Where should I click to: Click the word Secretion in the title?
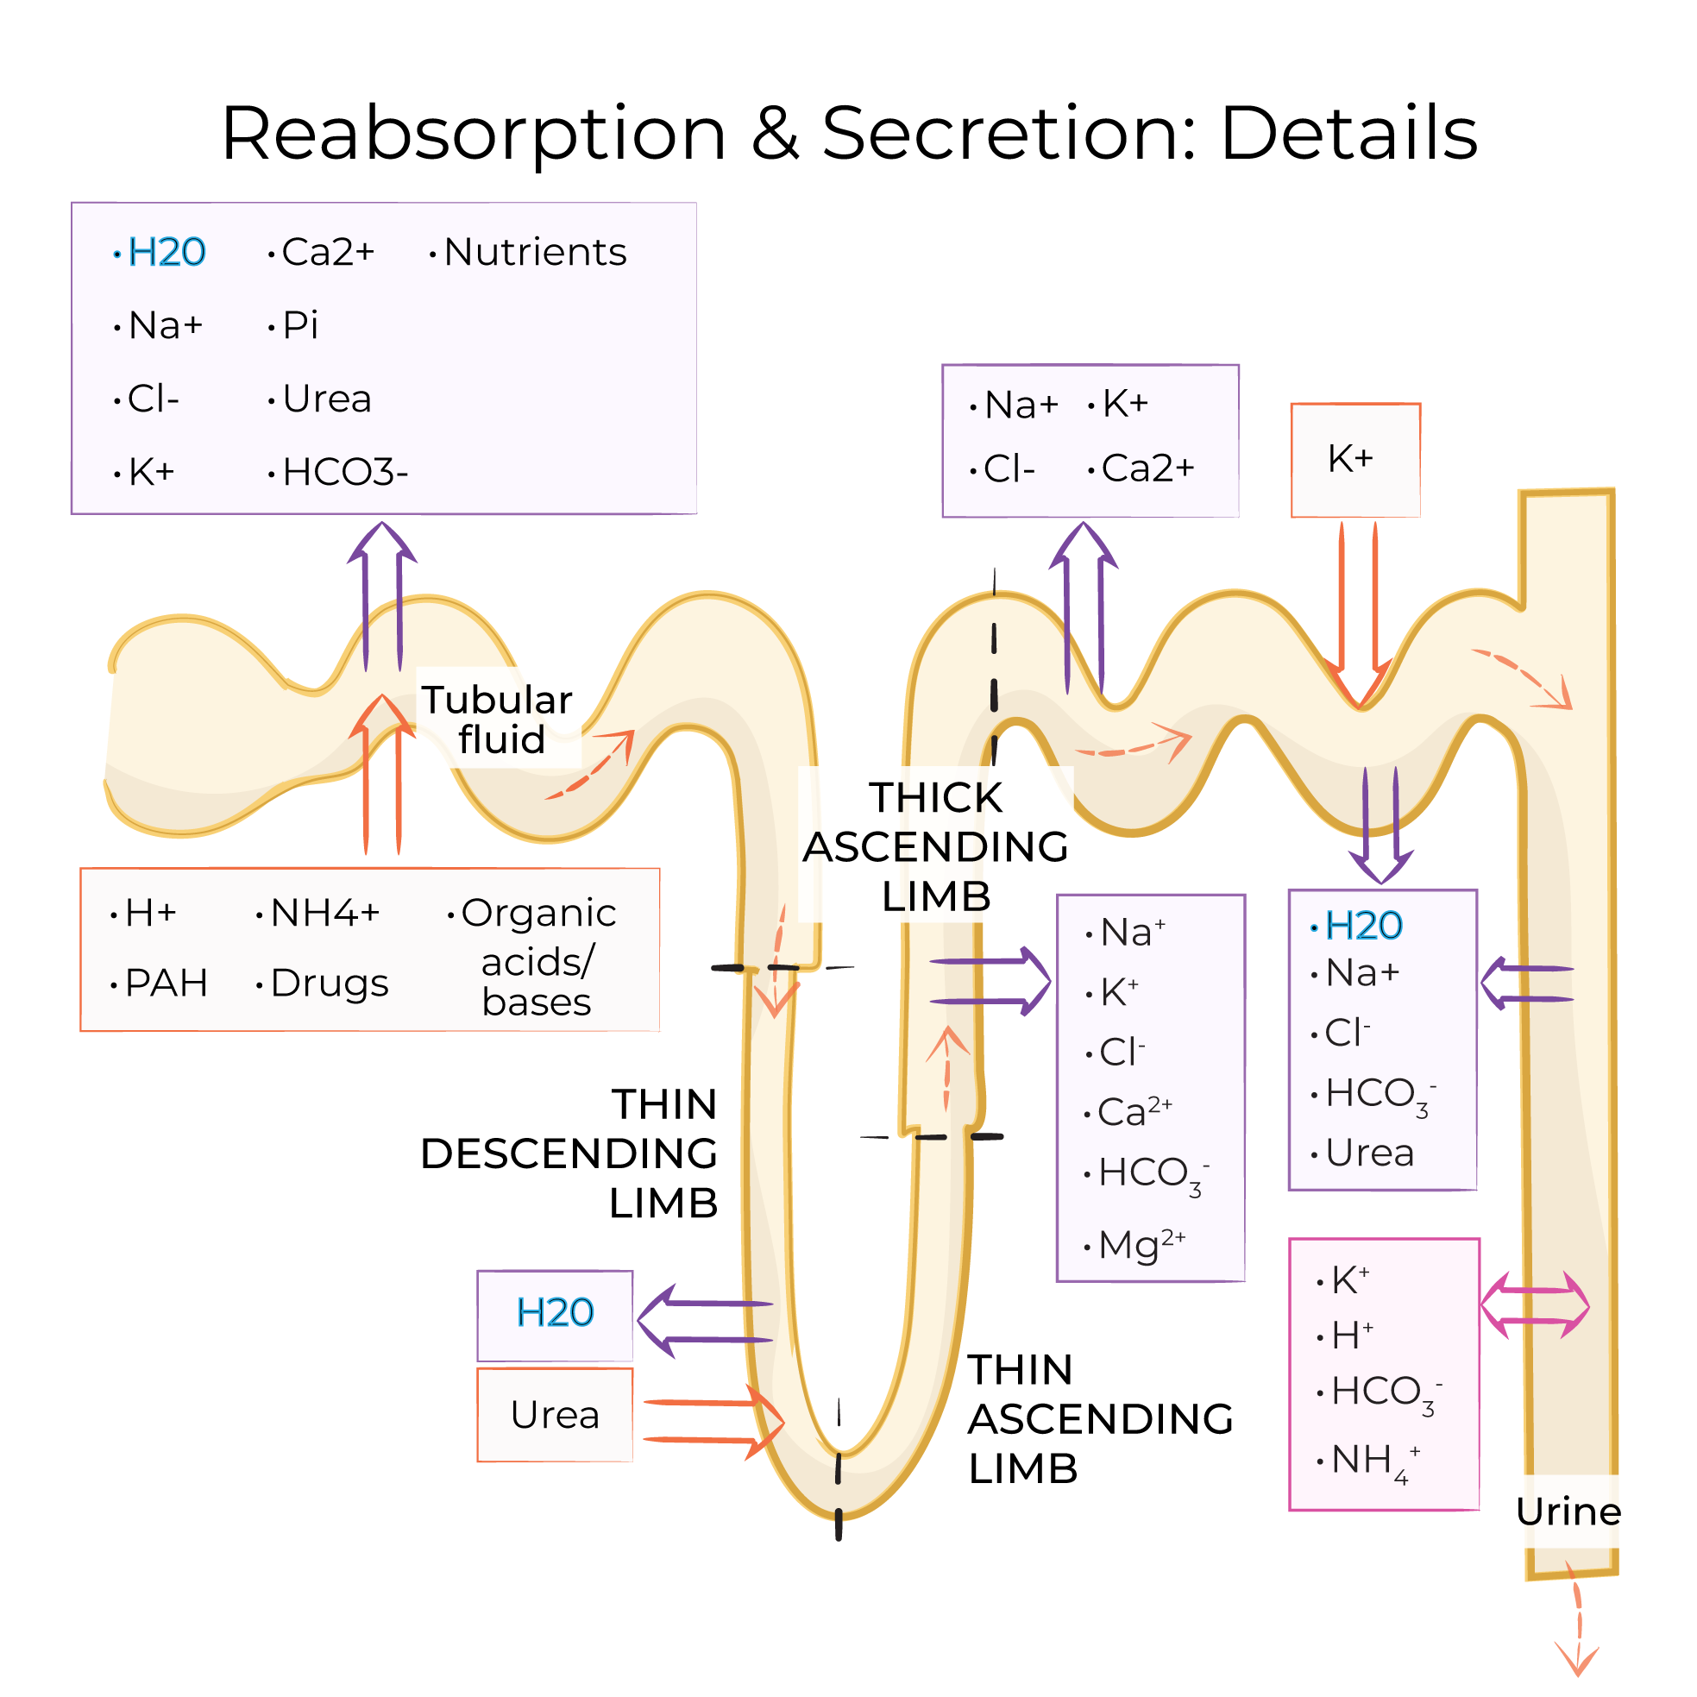coord(1007,134)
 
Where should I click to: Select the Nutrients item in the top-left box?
coord(535,252)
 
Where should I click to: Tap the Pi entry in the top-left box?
coord(300,325)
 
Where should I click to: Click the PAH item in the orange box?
coord(165,983)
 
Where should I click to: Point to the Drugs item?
coord(330,983)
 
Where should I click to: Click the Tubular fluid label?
coord(498,720)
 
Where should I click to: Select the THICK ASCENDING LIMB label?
coord(935,846)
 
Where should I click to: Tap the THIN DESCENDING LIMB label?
coord(571,1153)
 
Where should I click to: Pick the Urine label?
coord(1568,1511)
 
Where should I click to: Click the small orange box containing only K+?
coord(1354,459)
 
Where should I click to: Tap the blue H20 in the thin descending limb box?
coord(554,1312)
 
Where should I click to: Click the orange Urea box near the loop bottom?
coord(554,1415)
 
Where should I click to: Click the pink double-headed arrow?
coord(1535,1305)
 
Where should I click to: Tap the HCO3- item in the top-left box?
coord(344,473)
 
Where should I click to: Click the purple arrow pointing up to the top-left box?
coord(382,597)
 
